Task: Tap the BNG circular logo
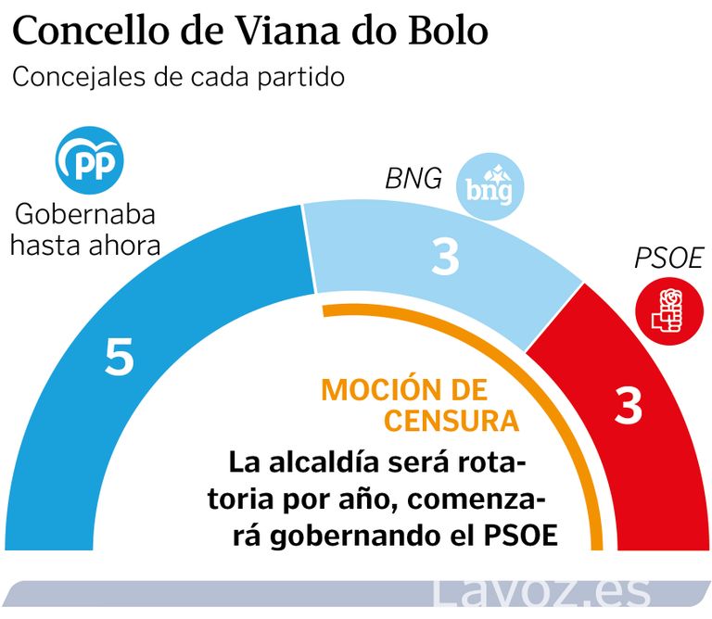[492, 189]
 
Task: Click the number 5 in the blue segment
[120, 357]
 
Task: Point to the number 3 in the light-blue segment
[446, 258]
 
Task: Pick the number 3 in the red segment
[629, 406]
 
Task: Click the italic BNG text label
[413, 178]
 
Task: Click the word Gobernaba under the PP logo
[84, 217]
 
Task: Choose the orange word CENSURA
[451, 421]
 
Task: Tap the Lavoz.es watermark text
[544, 593]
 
